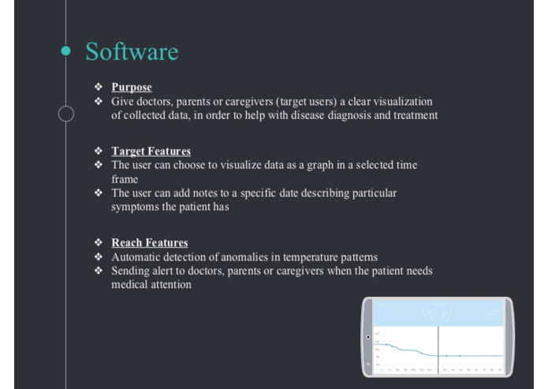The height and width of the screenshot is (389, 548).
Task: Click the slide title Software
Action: click(132, 52)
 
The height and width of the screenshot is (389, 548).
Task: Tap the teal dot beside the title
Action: click(66, 50)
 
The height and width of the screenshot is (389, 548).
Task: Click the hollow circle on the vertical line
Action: click(66, 114)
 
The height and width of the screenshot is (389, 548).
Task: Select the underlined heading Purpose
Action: click(131, 87)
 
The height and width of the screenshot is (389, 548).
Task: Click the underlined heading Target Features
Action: click(151, 151)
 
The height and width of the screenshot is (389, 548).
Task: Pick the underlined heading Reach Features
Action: click(149, 243)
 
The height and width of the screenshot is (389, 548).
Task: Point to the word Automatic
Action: click(136, 257)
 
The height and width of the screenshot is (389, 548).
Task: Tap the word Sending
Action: click(132, 271)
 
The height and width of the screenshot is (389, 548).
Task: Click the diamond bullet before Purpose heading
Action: click(99, 87)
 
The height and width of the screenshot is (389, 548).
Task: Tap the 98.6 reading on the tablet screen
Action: click(436, 315)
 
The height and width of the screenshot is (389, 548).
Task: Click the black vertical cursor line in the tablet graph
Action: click(438, 346)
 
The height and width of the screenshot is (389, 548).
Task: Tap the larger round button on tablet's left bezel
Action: click(368, 338)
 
